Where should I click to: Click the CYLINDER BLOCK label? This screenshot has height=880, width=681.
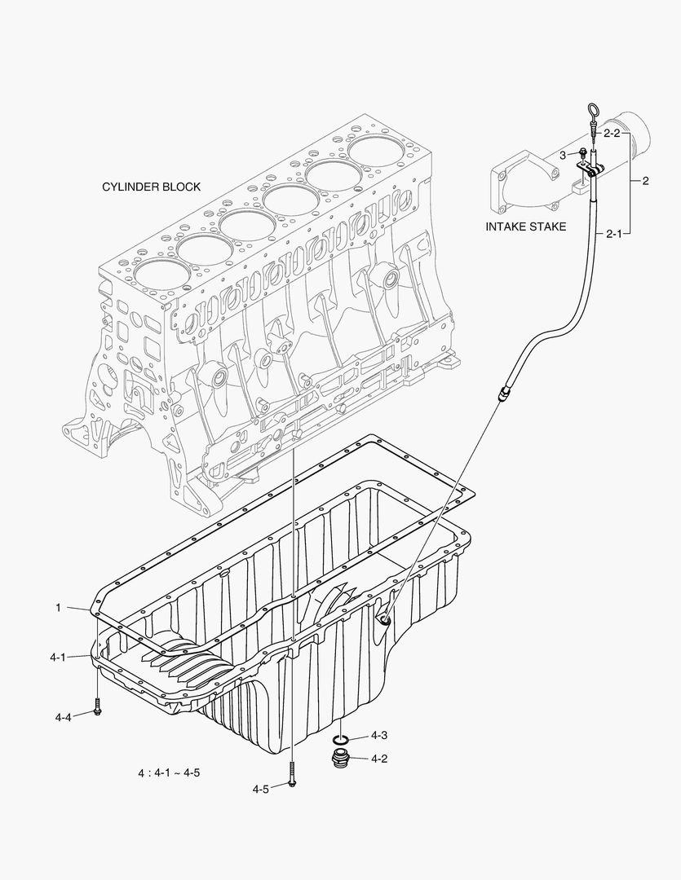point(151,187)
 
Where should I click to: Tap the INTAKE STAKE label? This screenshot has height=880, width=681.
point(525,227)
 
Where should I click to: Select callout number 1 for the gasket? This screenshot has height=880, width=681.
point(59,607)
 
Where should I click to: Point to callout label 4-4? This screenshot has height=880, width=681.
point(64,717)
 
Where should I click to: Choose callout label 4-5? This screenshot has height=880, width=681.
point(261,789)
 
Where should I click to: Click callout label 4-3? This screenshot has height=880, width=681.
point(378,735)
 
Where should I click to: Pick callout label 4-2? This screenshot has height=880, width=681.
point(378,759)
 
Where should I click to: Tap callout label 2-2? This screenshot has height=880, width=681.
point(612,132)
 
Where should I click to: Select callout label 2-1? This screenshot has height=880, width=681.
point(613,233)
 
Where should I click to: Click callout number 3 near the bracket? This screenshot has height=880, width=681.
point(562,154)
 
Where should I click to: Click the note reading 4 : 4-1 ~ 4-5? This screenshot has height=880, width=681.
point(169,772)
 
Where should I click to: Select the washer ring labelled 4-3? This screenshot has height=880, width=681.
point(342,740)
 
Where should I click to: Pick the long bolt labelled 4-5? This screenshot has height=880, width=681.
point(291,775)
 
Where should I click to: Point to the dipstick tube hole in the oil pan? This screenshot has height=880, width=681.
point(383,622)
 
